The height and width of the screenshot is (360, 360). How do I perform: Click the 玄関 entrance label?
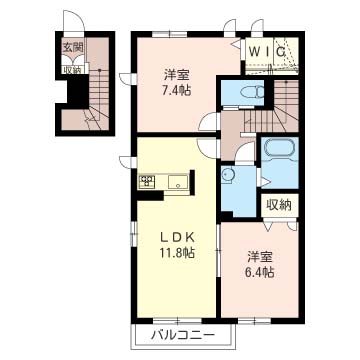click(x=72, y=47)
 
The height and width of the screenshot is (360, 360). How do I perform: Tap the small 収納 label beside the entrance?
click(x=72, y=70)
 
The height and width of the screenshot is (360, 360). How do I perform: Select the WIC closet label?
click(x=267, y=52)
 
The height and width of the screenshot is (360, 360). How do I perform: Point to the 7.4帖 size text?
click(x=177, y=91)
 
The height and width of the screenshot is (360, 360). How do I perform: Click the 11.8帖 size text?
click(x=177, y=253)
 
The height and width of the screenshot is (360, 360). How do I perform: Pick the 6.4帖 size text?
click(x=260, y=273)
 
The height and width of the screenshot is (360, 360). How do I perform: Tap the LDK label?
click(x=177, y=237)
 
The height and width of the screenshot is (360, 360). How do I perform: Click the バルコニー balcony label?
click(x=182, y=335)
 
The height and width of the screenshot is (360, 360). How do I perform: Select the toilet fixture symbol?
click(x=252, y=91)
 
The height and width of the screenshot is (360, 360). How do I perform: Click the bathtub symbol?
click(x=279, y=147)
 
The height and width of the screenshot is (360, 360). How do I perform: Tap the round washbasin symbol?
click(x=228, y=175)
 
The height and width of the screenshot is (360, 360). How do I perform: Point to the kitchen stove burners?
click(x=147, y=182)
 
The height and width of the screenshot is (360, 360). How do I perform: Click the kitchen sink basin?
click(x=178, y=182)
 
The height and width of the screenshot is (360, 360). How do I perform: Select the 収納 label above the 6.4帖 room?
click(x=279, y=205)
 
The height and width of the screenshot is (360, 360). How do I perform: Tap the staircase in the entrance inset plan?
click(x=99, y=97)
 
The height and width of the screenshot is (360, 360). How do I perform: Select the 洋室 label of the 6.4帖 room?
click(x=260, y=258)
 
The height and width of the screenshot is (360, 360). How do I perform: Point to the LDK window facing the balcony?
click(x=178, y=322)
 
